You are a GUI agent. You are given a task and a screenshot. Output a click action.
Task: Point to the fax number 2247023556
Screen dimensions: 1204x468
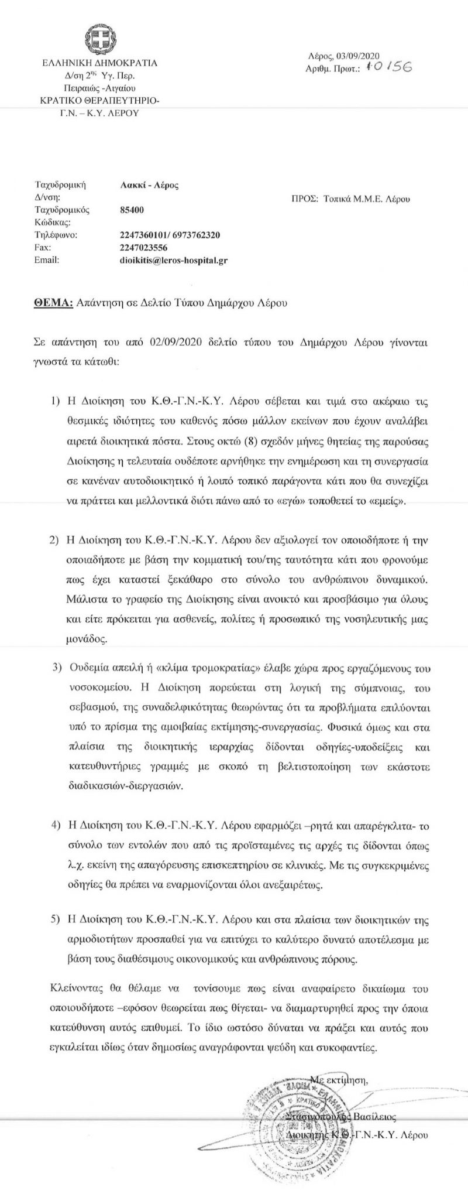coord(140,247)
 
